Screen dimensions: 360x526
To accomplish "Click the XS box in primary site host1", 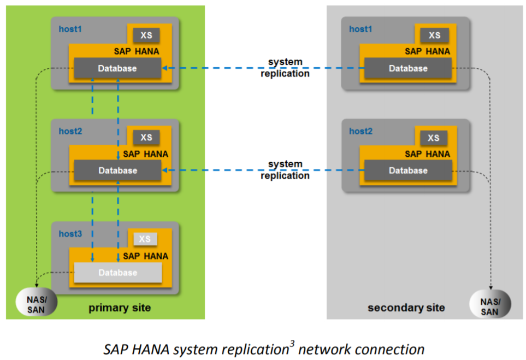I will tap(146, 35).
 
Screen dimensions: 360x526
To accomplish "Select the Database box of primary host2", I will tap(117, 170).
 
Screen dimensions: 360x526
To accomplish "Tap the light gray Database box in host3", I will tap(117, 272).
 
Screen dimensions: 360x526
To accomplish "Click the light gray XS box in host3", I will tap(145, 239).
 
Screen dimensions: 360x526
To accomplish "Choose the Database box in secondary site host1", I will tap(407, 68).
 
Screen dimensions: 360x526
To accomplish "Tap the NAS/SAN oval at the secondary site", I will tap(490, 303).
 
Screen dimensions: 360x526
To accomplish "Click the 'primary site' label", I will tap(120, 308).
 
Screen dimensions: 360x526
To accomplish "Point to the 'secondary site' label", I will tap(406, 308).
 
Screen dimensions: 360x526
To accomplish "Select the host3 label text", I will tap(70, 233).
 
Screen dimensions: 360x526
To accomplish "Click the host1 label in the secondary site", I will tap(360, 29).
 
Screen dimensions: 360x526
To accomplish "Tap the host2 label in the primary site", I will tap(70, 131).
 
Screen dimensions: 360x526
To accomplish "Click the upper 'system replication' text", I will tap(285, 67).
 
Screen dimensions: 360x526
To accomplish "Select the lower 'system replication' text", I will tap(285, 169).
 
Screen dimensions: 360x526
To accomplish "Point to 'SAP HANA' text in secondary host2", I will tap(428, 154).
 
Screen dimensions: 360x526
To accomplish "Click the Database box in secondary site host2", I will tap(408, 170).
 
